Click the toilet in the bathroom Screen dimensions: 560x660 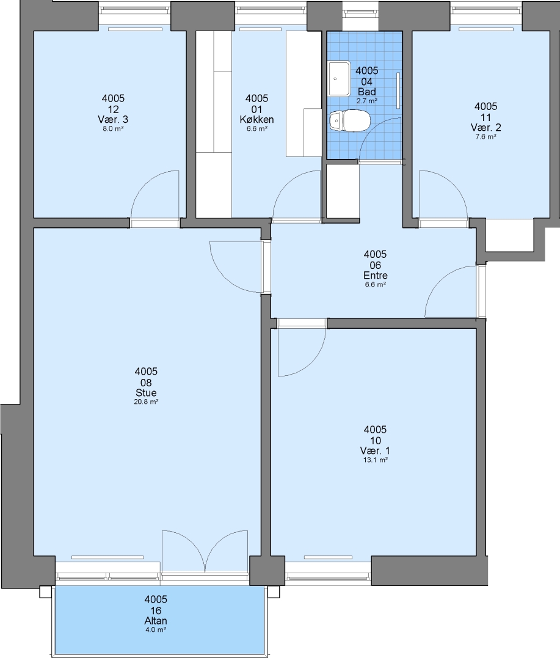[350, 121]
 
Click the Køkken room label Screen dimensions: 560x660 [256, 120]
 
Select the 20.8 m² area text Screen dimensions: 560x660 [146, 402]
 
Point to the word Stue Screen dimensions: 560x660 [146, 393]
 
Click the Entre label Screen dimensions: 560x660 [376, 276]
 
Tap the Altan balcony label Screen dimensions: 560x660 [156, 621]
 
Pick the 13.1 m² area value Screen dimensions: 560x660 [376, 460]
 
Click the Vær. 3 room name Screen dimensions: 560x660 [113, 120]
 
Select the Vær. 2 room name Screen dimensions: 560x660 [486, 128]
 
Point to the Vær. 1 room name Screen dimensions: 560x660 [376, 451]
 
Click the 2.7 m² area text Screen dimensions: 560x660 [367, 101]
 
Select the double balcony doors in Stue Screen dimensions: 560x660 [205, 551]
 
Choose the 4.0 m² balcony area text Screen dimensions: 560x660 [156, 630]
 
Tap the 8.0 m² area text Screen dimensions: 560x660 [113, 129]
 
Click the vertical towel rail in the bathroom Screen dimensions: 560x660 [398, 90]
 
